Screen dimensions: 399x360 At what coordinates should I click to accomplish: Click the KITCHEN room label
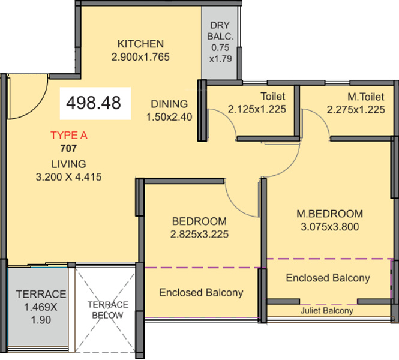click(x=140, y=44)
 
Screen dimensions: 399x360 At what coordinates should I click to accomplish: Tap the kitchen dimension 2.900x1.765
click(x=140, y=57)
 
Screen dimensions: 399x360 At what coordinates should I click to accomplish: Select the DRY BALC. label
click(x=220, y=31)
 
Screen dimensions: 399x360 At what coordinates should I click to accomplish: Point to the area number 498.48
click(x=94, y=103)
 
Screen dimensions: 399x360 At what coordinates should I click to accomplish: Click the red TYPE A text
click(x=69, y=136)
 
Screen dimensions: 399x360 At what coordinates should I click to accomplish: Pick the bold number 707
click(x=68, y=148)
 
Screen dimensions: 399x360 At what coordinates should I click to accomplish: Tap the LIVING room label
click(x=69, y=164)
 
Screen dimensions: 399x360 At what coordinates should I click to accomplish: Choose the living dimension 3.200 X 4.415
click(x=69, y=177)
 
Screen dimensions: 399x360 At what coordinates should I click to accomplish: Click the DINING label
click(x=169, y=104)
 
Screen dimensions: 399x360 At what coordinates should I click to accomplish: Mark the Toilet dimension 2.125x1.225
click(x=257, y=109)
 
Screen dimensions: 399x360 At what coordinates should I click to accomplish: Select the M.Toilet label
click(x=366, y=97)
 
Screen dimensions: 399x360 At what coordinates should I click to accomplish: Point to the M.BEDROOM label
click(x=330, y=214)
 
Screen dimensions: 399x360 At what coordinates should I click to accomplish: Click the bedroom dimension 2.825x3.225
click(x=199, y=235)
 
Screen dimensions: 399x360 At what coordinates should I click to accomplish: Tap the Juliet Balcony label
click(x=327, y=311)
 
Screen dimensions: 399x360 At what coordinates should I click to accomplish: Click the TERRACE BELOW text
click(x=108, y=310)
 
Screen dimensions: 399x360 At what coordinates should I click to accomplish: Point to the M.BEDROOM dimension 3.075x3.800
click(x=330, y=227)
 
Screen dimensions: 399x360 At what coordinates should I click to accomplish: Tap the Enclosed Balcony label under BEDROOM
click(x=201, y=293)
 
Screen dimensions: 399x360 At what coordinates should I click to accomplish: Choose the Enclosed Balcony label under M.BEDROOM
click(x=328, y=278)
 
